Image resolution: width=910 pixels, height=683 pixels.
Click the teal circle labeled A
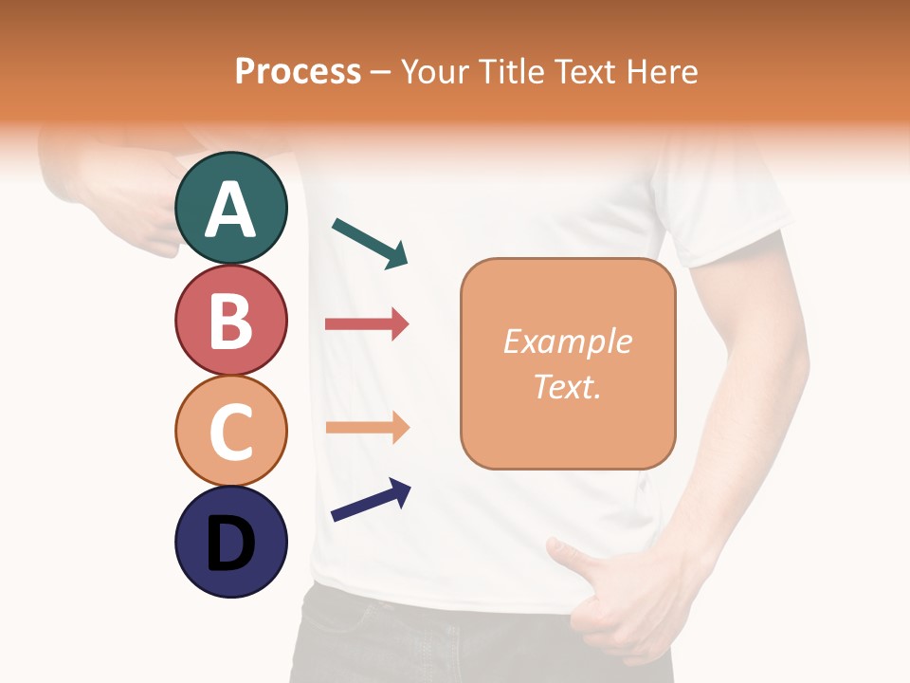tap(231, 208)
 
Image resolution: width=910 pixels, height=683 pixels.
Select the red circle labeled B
tap(231, 320)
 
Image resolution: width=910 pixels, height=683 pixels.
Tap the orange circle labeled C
tap(231, 431)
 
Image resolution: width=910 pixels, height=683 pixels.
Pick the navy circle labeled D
tap(231, 542)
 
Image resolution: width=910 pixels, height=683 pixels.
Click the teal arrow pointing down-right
tap(370, 243)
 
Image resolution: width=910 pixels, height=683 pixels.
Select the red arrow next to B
tap(366, 324)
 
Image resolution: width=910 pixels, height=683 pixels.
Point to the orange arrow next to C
tap(366, 428)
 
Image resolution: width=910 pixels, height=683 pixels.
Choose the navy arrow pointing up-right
tap(370, 500)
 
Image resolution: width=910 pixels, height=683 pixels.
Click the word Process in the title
tap(298, 72)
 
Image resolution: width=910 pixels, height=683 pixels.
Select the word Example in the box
tap(567, 341)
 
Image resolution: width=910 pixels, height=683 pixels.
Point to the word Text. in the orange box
tap(567, 386)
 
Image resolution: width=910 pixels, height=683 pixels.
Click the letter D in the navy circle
tap(231, 545)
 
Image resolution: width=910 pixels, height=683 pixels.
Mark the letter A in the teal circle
tap(231, 210)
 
